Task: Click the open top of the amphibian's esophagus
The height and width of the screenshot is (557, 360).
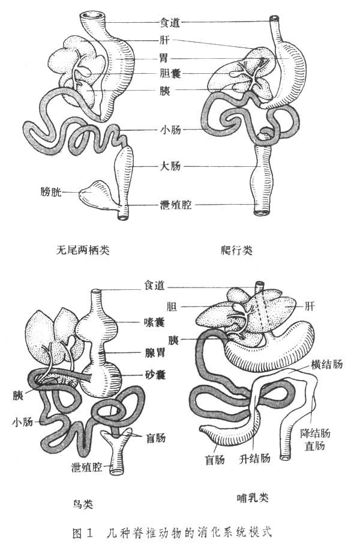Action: tap(93, 14)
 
